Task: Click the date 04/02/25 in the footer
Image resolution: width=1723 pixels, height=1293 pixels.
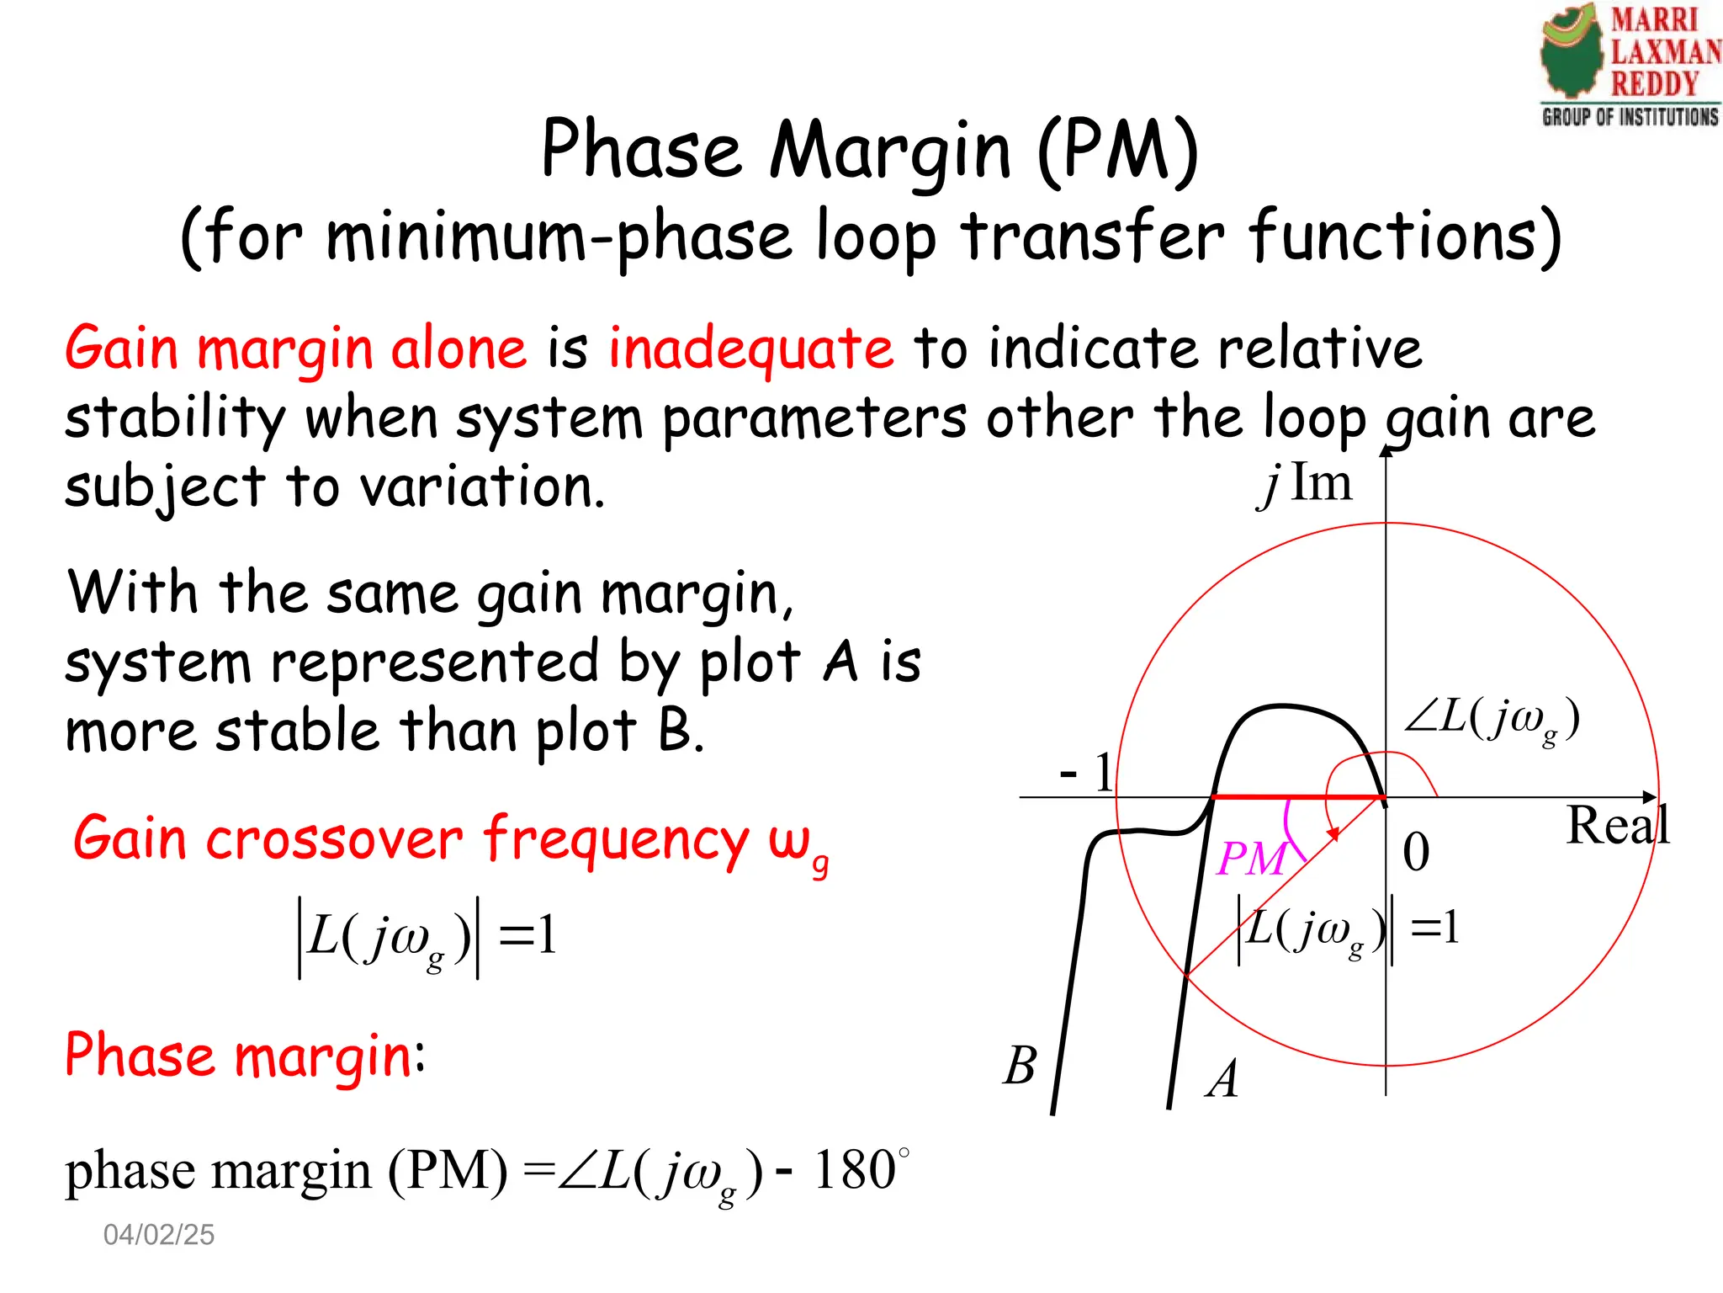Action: pyautogui.click(x=159, y=1235)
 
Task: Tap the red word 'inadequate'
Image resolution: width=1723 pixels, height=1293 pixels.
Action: pyautogui.click(x=750, y=349)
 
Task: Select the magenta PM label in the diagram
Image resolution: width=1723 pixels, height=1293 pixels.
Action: pyautogui.click(x=1252, y=859)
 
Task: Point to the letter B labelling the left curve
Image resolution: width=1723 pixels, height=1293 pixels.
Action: pyautogui.click(x=1021, y=1066)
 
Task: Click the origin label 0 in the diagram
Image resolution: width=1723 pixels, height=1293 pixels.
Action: pyautogui.click(x=1416, y=852)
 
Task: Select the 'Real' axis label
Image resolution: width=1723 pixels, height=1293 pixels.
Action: pyautogui.click(x=1617, y=826)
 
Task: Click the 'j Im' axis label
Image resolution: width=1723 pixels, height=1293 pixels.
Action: pyautogui.click(x=1307, y=485)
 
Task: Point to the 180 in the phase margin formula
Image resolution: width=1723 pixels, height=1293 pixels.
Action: pyautogui.click(x=854, y=1170)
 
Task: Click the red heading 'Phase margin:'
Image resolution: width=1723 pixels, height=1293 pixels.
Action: pyautogui.click(x=245, y=1056)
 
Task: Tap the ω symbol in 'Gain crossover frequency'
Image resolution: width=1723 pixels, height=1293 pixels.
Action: pyautogui.click(x=789, y=840)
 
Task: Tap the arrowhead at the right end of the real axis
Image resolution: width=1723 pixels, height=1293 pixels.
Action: pyautogui.click(x=1650, y=796)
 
